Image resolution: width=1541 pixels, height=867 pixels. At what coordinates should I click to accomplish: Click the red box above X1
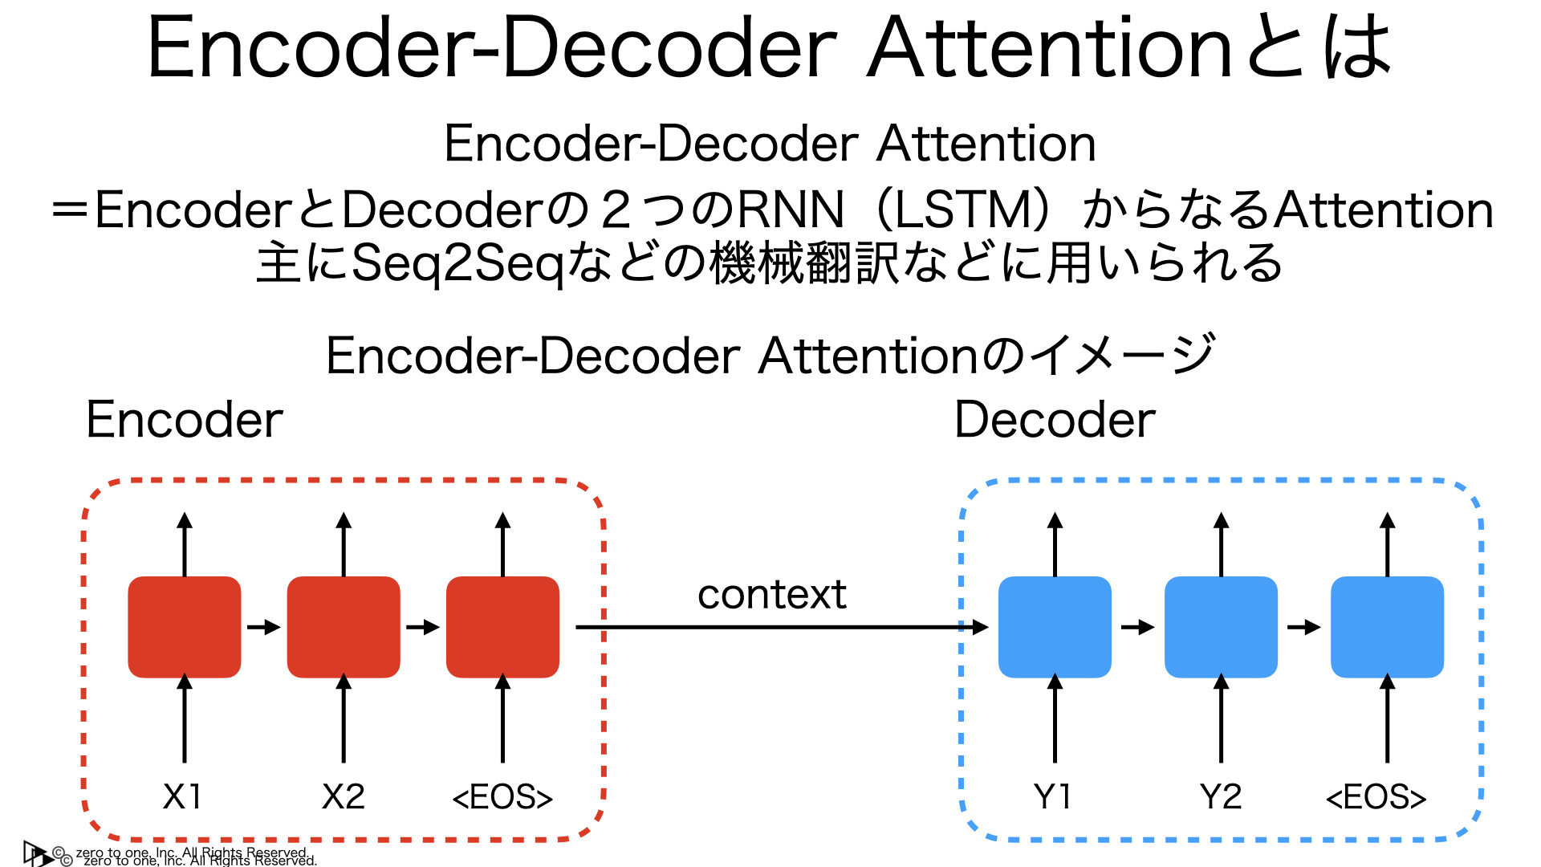185,627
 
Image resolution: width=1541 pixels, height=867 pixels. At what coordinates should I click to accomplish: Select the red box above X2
344,627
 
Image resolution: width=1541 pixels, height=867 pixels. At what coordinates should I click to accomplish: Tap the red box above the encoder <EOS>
502,627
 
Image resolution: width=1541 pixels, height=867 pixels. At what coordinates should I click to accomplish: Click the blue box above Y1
1055,627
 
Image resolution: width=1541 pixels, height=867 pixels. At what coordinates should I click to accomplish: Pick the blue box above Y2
1221,627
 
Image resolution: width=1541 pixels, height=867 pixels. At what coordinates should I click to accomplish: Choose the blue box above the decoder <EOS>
1387,627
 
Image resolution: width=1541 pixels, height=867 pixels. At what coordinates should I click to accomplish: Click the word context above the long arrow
771,595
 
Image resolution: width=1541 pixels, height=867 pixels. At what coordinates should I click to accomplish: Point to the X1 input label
182,797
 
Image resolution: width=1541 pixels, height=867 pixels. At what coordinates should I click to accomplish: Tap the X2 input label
344,797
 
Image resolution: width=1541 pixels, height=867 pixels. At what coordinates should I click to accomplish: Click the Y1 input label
1052,797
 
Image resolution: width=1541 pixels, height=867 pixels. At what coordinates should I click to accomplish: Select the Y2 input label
1221,797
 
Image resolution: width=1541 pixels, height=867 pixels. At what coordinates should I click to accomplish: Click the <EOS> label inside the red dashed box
502,798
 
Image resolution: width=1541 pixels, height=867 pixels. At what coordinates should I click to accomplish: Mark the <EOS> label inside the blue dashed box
1376,798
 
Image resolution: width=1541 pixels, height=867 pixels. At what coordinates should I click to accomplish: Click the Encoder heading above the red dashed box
185,420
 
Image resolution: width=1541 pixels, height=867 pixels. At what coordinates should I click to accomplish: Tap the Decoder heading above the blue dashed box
1055,420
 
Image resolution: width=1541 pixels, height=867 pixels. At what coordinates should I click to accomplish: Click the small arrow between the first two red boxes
263,627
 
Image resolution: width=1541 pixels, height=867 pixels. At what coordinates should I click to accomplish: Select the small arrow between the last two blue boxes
1303,627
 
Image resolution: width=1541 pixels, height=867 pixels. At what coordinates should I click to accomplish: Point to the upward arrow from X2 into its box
344,718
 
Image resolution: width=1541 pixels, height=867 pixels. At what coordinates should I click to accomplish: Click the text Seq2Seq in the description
457,263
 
